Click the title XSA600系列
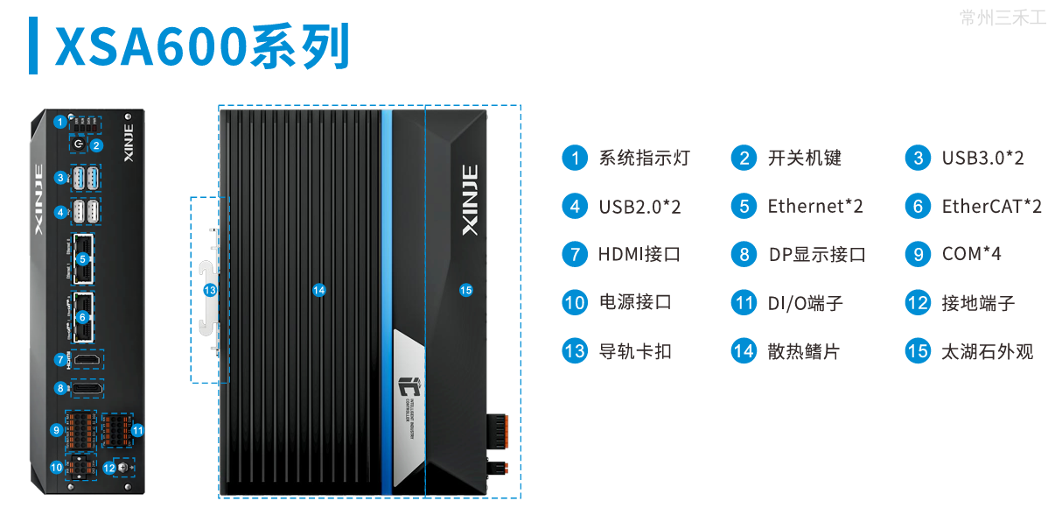pyautogui.click(x=202, y=46)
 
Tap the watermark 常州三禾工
pyautogui.click(x=1003, y=18)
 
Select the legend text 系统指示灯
pyautogui.click(x=644, y=159)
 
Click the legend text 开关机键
pyautogui.click(x=804, y=159)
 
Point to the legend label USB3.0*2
pyautogui.click(x=982, y=159)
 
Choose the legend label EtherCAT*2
pyautogui.click(x=991, y=207)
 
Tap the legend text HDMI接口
pyautogui.click(x=639, y=255)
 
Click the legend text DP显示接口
pyautogui.click(x=817, y=255)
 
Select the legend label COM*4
pyautogui.click(x=971, y=255)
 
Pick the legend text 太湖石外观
pyautogui.click(x=987, y=352)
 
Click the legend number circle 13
pyautogui.click(x=575, y=352)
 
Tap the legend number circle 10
pyautogui.click(x=575, y=303)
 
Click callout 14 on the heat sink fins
pyautogui.click(x=319, y=290)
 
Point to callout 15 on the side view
pyautogui.click(x=465, y=290)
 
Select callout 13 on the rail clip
pyautogui.click(x=209, y=290)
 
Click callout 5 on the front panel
pyautogui.click(x=82, y=258)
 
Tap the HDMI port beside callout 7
pyautogui.click(x=85, y=359)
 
